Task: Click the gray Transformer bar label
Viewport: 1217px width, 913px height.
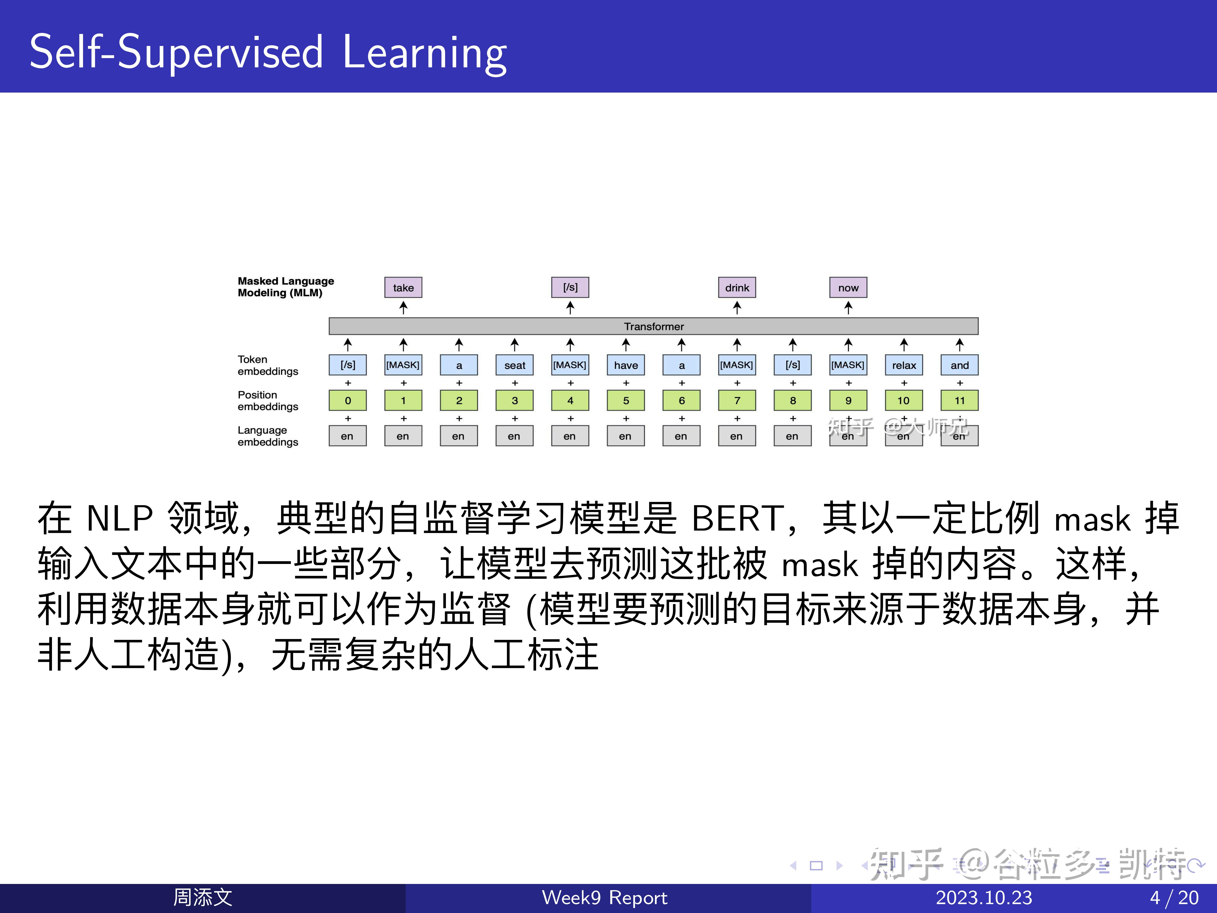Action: pos(654,326)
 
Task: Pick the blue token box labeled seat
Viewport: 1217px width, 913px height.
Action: pos(514,365)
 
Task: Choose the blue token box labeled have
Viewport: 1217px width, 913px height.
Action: pos(626,365)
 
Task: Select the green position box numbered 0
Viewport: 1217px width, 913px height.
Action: pos(348,400)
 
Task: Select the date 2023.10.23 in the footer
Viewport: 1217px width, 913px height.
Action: pos(984,898)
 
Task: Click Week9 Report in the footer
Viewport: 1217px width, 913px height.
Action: pos(604,898)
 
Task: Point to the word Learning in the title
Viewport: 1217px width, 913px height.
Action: pos(424,52)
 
